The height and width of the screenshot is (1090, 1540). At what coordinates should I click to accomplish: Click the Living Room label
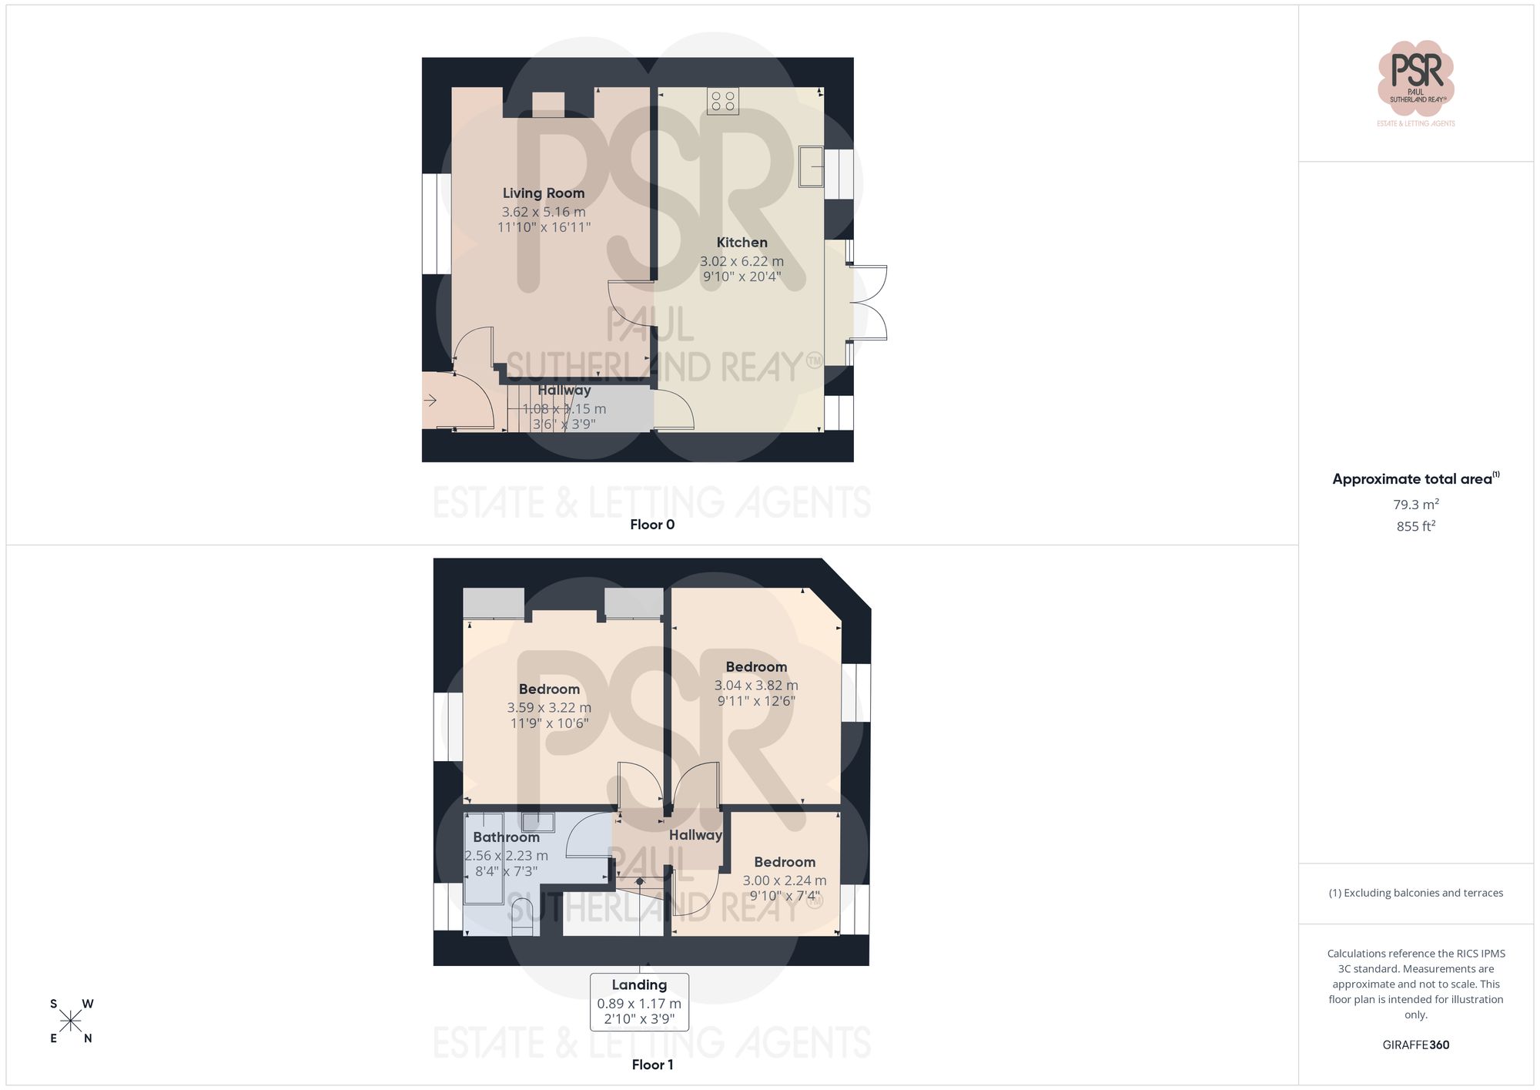coord(544,193)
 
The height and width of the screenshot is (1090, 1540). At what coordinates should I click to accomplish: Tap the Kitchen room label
coord(742,243)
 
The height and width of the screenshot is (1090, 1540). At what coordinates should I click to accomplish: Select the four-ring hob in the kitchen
coord(723,101)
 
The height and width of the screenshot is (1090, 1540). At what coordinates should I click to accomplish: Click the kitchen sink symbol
coord(811,166)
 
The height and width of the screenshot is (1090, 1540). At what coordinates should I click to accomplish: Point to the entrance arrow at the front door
coord(430,400)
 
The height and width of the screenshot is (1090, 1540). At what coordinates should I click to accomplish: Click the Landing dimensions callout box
coord(639,1002)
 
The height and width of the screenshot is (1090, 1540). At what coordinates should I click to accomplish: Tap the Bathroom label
coord(506,837)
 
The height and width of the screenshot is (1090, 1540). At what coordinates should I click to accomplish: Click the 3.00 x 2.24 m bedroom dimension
coord(784,880)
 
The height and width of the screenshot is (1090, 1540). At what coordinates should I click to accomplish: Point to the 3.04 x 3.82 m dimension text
coord(755,686)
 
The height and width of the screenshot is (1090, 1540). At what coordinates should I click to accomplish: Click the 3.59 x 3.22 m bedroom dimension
coord(549,708)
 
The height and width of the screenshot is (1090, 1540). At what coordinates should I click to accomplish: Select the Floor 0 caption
coord(652,525)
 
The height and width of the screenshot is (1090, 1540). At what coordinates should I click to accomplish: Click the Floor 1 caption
coord(652,1065)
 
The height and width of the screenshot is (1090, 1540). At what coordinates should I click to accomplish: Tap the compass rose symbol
coord(71,1021)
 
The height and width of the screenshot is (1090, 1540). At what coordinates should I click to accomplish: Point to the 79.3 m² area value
coord(1415,505)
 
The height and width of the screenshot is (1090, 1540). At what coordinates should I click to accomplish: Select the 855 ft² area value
coord(1415,526)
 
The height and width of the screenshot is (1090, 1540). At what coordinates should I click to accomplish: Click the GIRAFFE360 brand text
coord(1415,1045)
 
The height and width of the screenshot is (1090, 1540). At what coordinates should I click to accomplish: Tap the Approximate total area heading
coord(1415,479)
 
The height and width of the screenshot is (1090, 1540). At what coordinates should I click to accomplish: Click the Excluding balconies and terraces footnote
coord(1415,894)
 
